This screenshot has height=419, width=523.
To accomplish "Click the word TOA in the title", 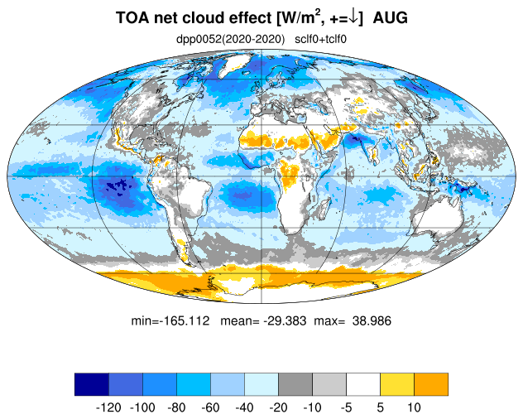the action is [132, 17].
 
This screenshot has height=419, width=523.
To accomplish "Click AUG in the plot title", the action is [391, 17].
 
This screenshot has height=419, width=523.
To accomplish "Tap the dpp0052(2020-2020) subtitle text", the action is [231, 40].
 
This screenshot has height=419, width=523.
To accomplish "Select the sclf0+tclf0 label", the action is [320, 40].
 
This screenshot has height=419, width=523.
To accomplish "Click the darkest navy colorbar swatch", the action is [92, 384].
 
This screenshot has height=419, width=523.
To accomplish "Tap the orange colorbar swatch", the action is [431, 384].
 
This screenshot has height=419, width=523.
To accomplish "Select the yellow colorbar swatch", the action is [397, 384].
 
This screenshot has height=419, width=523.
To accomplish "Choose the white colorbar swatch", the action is [363, 384].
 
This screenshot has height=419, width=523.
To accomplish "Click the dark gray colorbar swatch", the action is [295, 384].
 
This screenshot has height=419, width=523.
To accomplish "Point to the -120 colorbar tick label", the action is [108, 407].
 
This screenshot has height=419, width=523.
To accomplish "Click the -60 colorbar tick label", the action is [210, 407].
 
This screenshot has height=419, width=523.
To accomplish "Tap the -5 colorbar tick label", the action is [346, 407].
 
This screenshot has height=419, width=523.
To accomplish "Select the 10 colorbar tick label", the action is [414, 407].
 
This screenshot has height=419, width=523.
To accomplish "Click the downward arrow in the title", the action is [353, 17].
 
